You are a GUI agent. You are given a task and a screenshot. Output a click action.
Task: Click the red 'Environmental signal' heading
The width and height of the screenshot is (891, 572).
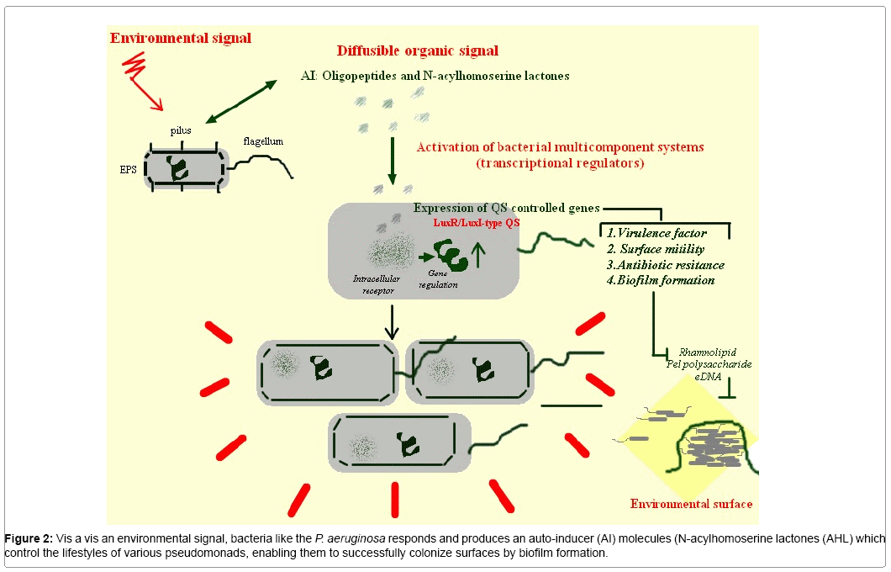click(181, 39)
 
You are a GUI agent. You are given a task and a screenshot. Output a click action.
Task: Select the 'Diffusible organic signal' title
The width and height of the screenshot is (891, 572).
click(418, 51)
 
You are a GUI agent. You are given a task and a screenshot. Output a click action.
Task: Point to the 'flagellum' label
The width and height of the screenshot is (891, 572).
click(263, 141)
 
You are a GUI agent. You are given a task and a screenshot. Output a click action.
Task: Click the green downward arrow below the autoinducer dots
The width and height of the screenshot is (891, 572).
click(392, 160)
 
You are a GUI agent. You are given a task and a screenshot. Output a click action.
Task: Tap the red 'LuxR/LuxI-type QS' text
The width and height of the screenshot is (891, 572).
click(475, 222)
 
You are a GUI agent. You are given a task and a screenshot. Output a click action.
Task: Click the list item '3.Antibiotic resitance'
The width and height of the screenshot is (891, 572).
click(665, 264)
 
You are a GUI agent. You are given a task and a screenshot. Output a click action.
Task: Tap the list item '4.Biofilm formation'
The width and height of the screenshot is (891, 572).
click(661, 280)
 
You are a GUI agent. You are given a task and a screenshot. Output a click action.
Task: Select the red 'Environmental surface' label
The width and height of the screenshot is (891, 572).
click(691, 504)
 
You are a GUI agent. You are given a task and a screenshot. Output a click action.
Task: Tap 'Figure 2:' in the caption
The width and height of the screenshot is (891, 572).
click(29, 538)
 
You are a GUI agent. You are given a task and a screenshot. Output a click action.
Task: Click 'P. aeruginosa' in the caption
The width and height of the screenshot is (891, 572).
click(350, 538)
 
